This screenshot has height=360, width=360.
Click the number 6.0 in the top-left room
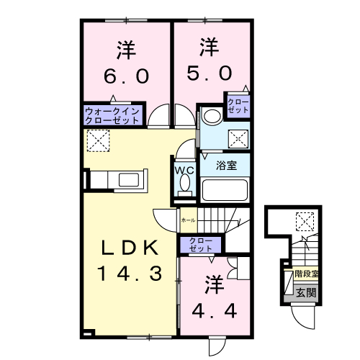[x=125, y=75]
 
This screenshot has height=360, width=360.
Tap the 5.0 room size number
[x=210, y=73]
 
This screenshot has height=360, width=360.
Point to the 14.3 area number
[x=128, y=272]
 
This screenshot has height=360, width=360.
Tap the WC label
[x=184, y=170]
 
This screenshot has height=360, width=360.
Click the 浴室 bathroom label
[x=228, y=165]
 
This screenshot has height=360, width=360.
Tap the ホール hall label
[x=188, y=220]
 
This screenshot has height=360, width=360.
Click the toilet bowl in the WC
[x=184, y=184]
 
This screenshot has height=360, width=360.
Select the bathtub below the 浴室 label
[x=225, y=190]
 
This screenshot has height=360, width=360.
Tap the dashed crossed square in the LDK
[x=96, y=140]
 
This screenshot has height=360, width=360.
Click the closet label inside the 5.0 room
[x=238, y=106]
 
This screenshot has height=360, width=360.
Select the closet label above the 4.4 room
[x=196, y=244]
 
